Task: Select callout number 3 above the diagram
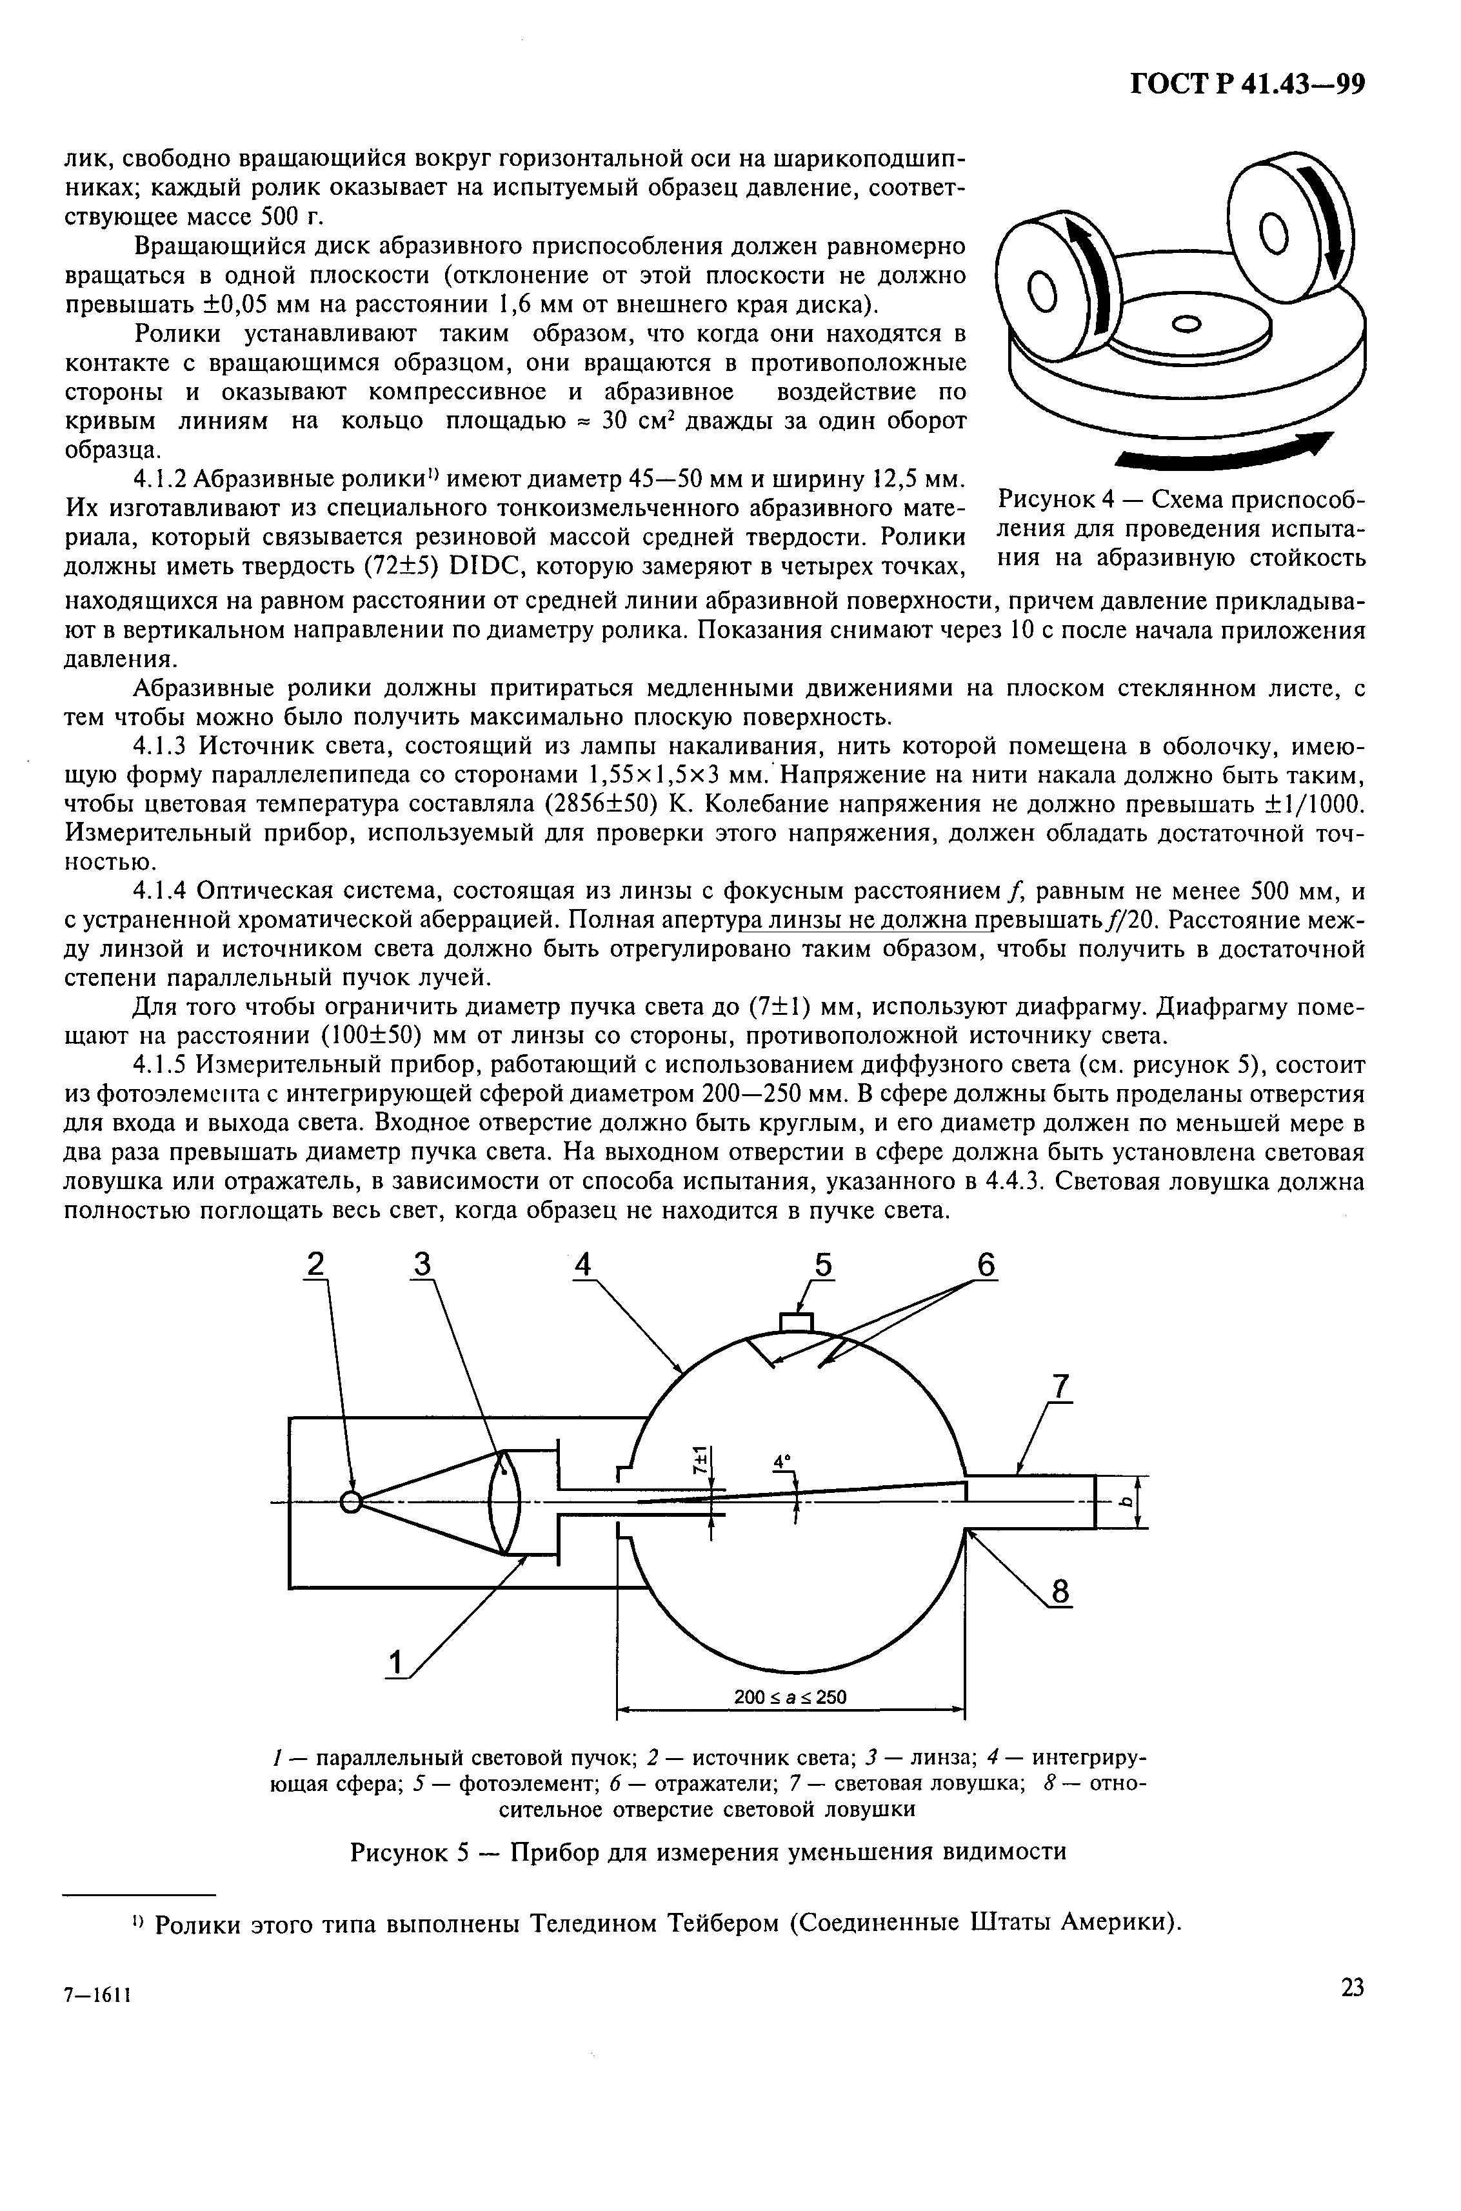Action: (x=423, y=1265)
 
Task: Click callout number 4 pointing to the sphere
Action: (x=582, y=1265)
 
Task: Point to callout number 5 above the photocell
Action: (x=824, y=1265)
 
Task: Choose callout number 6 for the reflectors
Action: (x=986, y=1265)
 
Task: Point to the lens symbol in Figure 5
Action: (x=504, y=1502)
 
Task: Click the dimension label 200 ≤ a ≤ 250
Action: (x=790, y=1697)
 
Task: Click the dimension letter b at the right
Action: (x=1126, y=1502)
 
